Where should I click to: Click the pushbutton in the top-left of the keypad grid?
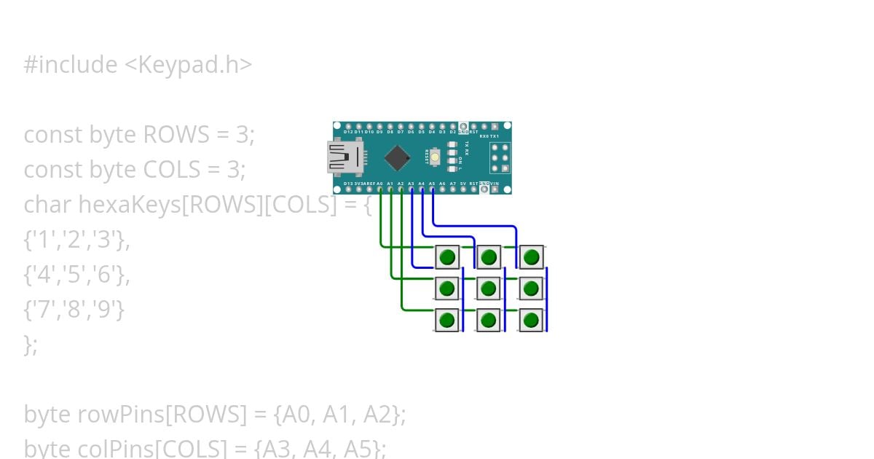[447, 257]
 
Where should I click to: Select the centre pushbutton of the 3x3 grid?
[489, 289]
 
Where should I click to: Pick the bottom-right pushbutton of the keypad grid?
[532, 320]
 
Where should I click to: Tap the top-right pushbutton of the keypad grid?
[532, 257]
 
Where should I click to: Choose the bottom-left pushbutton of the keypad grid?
[447, 320]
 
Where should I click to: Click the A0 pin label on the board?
[380, 184]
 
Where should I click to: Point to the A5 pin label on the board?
[432, 184]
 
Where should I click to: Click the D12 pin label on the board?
[349, 132]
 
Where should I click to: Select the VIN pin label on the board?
[495, 184]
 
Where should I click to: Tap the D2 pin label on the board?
[452, 132]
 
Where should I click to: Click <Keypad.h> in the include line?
[189, 65]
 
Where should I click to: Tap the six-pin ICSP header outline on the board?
[499, 157]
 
